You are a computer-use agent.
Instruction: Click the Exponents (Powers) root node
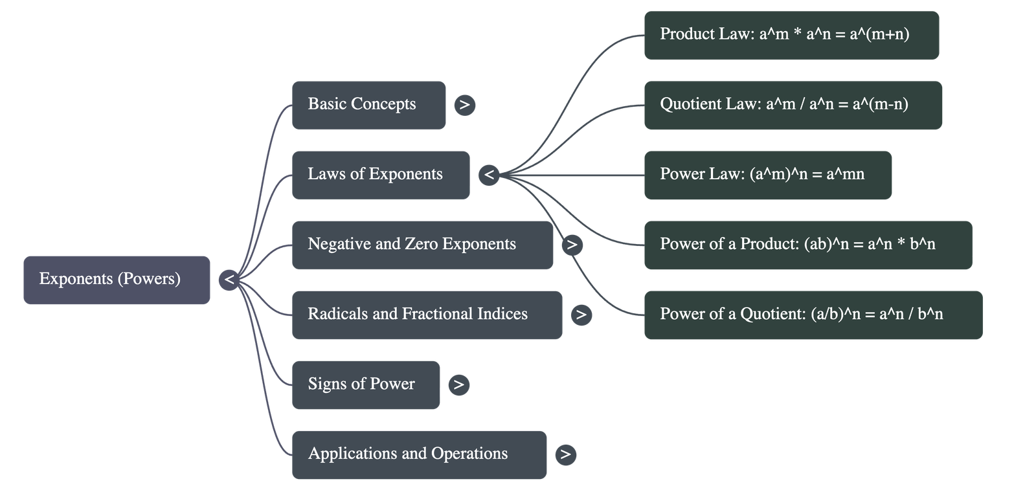click(x=117, y=280)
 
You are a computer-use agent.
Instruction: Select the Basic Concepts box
click(x=368, y=105)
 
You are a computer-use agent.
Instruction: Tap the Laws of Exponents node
click(x=381, y=175)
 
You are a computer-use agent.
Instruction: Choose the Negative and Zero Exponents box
click(x=422, y=245)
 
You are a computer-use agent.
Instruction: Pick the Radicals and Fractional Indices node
click(x=427, y=315)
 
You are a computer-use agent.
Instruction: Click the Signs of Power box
click(x=365, y=384)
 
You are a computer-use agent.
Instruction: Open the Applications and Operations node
click(x=419, y=454)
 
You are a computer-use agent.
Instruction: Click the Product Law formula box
click(x=791, y=35)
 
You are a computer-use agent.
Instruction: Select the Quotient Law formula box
click(x=793, y=105)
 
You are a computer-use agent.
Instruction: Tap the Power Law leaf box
click(x=768, y=175)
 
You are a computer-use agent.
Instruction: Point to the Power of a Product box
click(x=808, y=245)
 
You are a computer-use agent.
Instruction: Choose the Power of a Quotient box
click(x=813, y=315)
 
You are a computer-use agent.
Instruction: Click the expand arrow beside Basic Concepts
click(x=464, y=105)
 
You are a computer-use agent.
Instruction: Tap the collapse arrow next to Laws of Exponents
click(x=489, y=175)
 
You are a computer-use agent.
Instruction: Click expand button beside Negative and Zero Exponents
click(x=572, y=245)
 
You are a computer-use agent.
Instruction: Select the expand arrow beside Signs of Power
click(x=458, y=384)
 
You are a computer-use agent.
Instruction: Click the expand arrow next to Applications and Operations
click(x=565, y=454)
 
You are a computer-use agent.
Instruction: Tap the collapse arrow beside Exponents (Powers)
click(x=229, y=280)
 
